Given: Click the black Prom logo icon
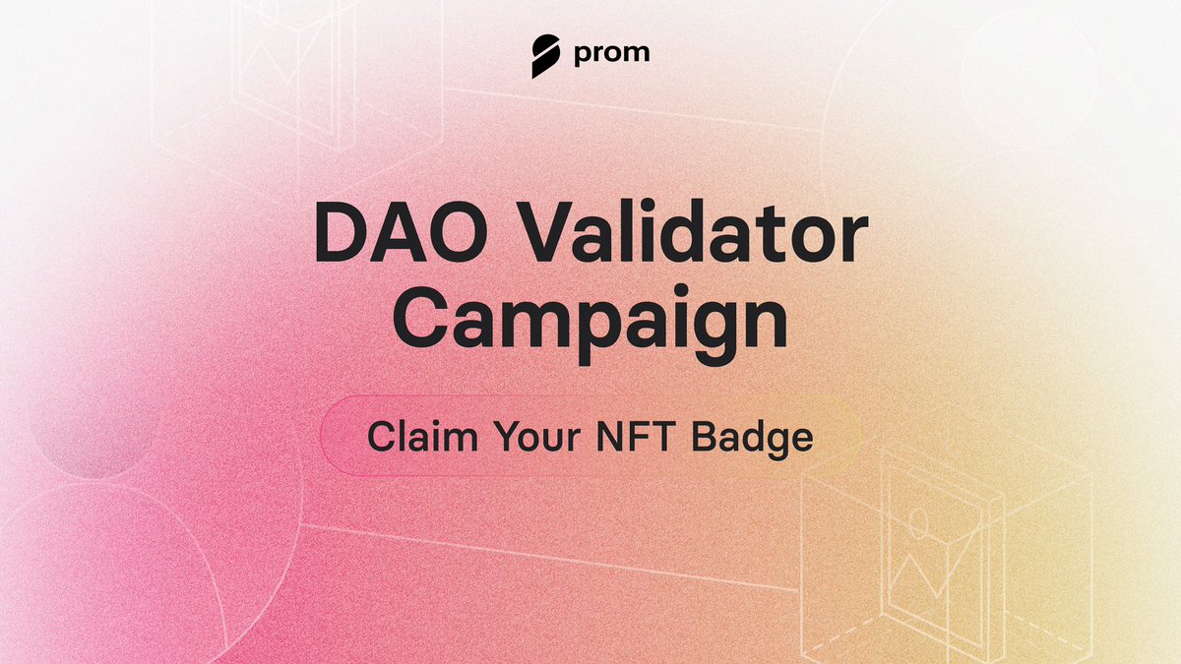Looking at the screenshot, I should [545, 55].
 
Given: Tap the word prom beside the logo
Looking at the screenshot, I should [611, 52].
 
